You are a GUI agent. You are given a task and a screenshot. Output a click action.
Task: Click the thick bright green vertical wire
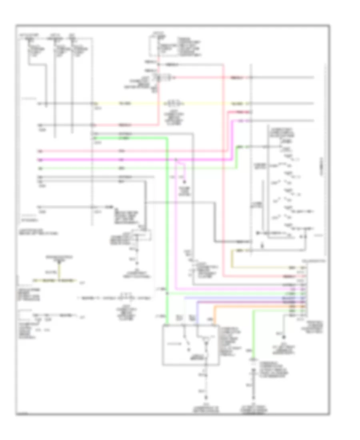pos(168,224)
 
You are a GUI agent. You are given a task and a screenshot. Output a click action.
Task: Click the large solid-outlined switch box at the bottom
pos(190,345)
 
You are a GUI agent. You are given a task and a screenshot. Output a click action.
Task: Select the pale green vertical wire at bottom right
pos(253,332)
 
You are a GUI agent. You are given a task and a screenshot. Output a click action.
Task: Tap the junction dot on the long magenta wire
pos(176,160)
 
